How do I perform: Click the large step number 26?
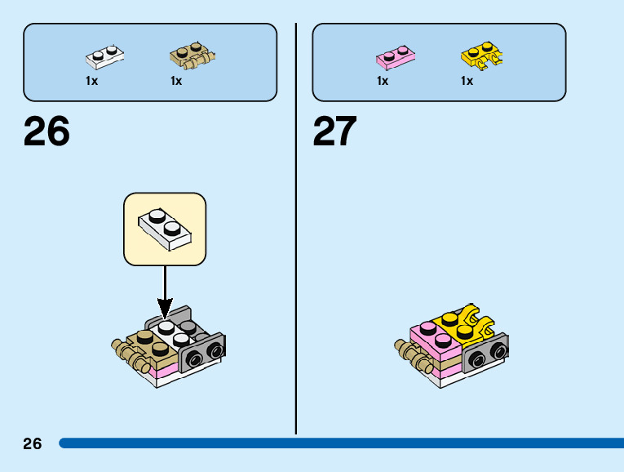point(47,131)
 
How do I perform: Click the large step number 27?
point(335,131)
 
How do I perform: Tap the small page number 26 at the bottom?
point(33,443)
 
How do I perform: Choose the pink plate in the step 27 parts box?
point(394,57)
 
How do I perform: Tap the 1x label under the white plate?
point(91,81)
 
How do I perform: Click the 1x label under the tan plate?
point(176,81)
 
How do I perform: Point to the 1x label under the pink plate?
point(382,81)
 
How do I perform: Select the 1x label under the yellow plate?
point(467,81)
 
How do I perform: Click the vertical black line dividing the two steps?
point(295,229)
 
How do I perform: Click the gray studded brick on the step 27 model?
point(486,353)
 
